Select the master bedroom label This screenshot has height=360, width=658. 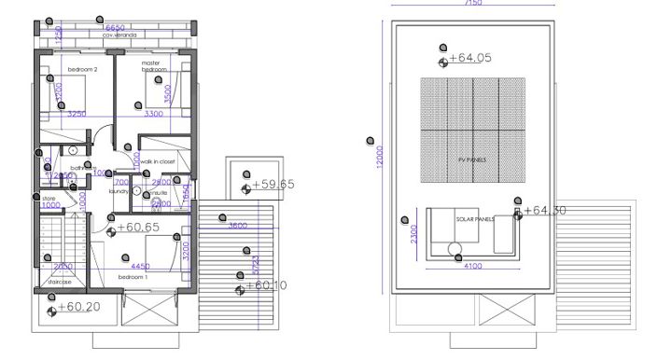(x=153, y=66)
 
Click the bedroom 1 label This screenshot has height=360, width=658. (x=133, y=277)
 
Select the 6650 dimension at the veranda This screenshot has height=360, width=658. (x=115, y=27)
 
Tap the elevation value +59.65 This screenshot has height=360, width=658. (x=273, y=185)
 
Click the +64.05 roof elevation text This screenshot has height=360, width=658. (x=469, y=58)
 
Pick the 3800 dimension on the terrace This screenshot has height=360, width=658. (x=237, y=225)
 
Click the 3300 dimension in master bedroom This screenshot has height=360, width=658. (x=153, y=114)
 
